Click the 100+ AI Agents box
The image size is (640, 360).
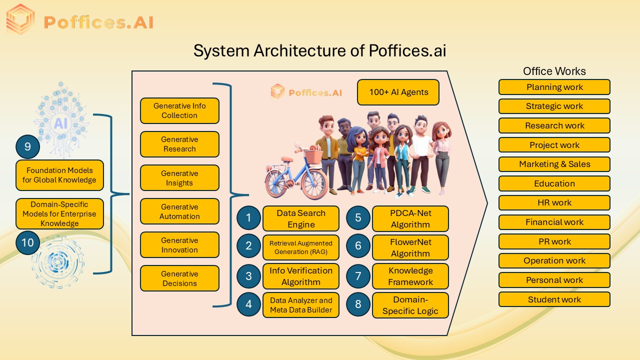pos(398,92)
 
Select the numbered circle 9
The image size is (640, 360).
pos(28,146)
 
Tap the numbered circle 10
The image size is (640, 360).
pos(28,242)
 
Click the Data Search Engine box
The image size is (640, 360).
pos(300,218)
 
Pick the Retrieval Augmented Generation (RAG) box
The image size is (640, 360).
pos(300,247)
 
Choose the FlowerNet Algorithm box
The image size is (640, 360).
pos(410,247)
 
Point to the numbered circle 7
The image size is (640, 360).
pos(358,276)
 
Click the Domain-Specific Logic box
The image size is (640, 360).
pos(410,305)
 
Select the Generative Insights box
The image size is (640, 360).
pos(179,178)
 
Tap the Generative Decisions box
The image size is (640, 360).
pos(179,278)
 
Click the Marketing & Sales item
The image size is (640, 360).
pos(554,164)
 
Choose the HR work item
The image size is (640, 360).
pos(554,202)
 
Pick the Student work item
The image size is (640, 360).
pos(554,299)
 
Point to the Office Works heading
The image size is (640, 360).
pos(554,71)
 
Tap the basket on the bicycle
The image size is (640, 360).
pos(312,156)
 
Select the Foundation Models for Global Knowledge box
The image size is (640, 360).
pos(59,175)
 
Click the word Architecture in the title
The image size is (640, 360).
pos(298,51)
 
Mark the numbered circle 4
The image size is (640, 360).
pos(248,305)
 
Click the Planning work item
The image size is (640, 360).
pos(554,87)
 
